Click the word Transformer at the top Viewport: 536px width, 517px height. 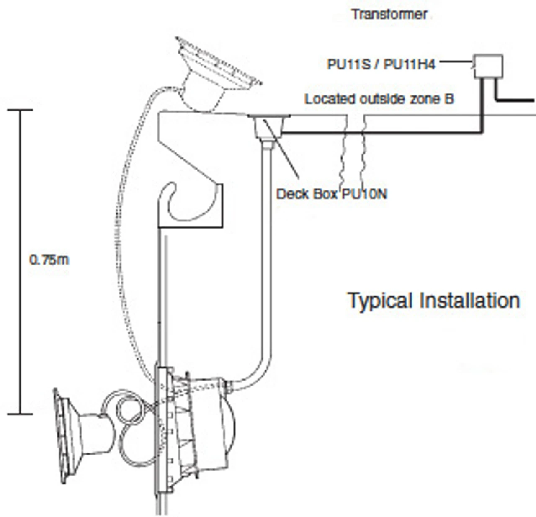pos(389,15)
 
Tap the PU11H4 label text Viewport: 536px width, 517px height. pos(410,64)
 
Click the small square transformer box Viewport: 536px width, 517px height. pos(488,66)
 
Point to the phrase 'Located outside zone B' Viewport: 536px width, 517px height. pos(379,99)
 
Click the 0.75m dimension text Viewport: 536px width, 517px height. pos(49,260)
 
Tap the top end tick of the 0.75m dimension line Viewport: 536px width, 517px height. pos(20,110)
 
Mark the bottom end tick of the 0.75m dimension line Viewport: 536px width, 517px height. pos(20,414)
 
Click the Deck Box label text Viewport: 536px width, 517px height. pos(308,194)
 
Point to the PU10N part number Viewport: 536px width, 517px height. pos(364,194)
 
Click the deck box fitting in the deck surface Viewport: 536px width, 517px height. pos(268,126)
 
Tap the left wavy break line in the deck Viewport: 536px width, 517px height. pos(345,151)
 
